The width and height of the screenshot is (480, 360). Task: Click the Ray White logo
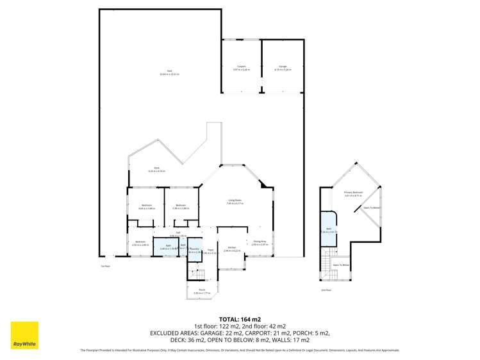tap(24, 335)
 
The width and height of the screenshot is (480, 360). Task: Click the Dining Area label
tap(258, 243)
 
